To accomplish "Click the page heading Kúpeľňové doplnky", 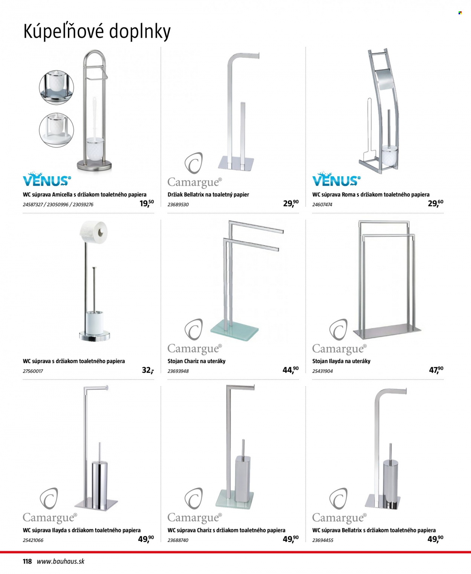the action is coord(97,32).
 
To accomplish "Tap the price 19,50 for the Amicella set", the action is coord(147,203).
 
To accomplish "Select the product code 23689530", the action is coord(178,205).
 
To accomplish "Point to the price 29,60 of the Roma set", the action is coord(436,203).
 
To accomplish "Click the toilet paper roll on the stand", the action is coord(94,232).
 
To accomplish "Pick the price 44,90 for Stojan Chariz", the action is coord(291,370).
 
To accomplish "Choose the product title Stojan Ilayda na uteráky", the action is coord(341,361).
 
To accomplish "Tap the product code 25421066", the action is coord(33,540).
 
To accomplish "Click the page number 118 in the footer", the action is coord(27,561).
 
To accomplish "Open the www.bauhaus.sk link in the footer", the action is coord(60,561).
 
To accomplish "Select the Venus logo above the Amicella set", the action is coord(47,179).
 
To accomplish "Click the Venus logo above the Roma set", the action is coord(336,179).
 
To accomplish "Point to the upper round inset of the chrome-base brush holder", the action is coord(57,87).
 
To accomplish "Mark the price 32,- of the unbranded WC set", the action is coord(148,370).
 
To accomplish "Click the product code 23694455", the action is coord(323,540).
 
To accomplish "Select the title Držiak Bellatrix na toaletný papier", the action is coord(208,195).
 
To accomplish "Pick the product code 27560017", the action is coord(33,371).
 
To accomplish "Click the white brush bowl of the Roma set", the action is coord(390,156).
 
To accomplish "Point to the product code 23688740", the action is coord(178,540).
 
